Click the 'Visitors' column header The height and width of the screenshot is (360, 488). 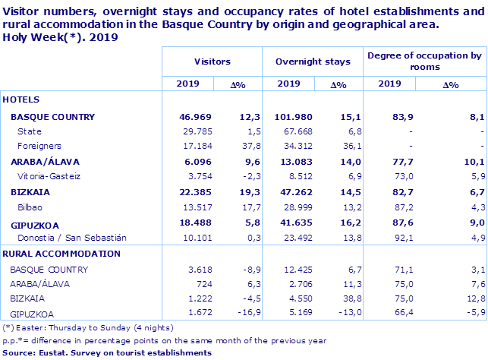pos(212,62)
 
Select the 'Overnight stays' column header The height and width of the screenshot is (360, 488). pos(313,62)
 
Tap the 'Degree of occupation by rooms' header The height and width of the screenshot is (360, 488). pos(424,62)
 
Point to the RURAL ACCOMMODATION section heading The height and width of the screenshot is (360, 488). pos(61,254)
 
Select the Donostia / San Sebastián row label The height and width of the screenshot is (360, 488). pos(68,238)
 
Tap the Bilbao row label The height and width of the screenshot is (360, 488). pos(30,207)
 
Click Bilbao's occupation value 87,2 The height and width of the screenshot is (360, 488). pos(394,207)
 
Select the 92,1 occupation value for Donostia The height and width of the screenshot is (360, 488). pos(394,238)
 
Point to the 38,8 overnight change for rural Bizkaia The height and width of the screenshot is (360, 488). pos(337,298)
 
